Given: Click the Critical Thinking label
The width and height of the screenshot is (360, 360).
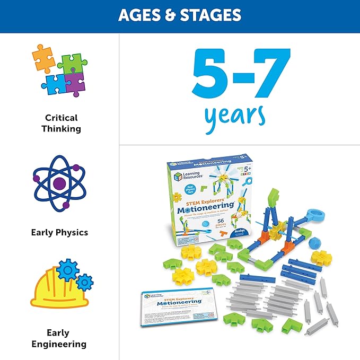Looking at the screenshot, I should tap(61, 123).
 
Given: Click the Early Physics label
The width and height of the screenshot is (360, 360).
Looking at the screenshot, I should tap(60, 232).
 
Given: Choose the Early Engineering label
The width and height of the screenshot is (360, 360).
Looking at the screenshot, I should tap(59, 339).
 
